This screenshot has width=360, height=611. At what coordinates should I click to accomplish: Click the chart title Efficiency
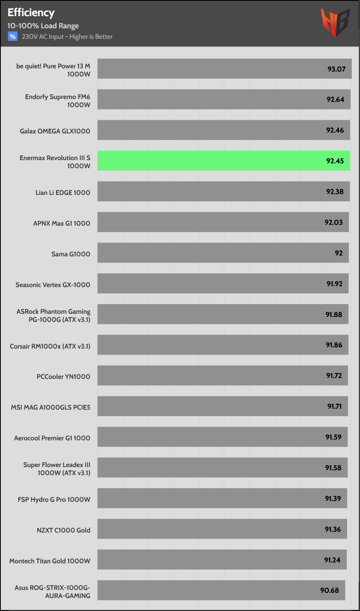tap(31, 13)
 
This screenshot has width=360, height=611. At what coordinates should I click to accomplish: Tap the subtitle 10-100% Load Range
tap(43, 26)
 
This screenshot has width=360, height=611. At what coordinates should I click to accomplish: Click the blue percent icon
tap(13, 37)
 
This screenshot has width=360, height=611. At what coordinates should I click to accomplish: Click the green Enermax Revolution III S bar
tap(223, 161)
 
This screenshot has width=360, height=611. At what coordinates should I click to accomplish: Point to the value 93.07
tap(336, 69)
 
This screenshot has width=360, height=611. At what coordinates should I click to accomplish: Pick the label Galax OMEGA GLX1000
tap(55, 131)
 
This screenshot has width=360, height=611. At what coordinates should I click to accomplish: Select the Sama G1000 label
tap(71, 254)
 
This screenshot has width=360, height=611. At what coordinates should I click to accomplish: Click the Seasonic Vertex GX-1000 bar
tap(223, 283)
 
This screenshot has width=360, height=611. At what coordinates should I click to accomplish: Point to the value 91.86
tap(334, 345)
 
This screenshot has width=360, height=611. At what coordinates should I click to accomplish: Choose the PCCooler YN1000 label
tap(63, 376)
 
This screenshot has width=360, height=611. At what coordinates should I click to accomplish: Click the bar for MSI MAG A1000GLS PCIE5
tap(222, 406)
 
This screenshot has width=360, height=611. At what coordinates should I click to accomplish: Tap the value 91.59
tap(333, 437)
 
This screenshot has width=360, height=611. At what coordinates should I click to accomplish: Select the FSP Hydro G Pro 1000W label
tap(54, 499)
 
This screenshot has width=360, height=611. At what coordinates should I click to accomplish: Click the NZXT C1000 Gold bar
tap(222, 529)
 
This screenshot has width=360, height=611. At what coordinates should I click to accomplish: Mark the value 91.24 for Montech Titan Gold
tap(332, 560)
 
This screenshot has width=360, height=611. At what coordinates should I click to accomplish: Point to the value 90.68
tap(330, 590)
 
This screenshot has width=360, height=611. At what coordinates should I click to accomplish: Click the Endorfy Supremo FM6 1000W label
tap(57, 101)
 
